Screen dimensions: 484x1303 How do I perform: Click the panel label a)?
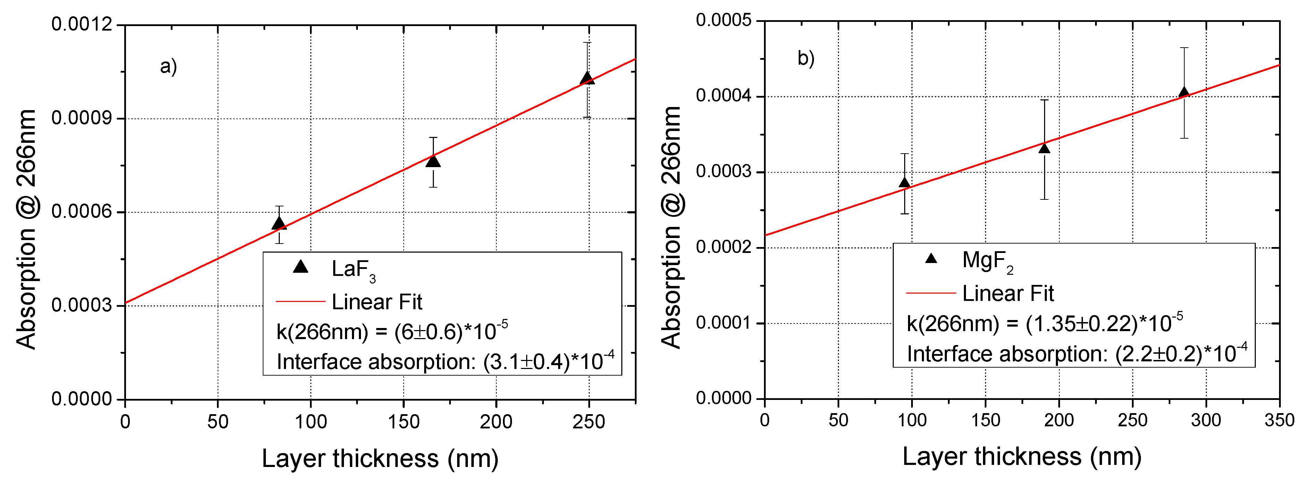point(168,66)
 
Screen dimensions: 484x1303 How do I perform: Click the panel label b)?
point(806,58)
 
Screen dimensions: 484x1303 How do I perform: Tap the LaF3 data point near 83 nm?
point(279,224)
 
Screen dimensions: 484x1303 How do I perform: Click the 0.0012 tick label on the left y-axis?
point(82,24)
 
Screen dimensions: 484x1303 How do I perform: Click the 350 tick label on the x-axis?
point(1278,420)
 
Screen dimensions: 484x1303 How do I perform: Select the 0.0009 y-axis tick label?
point(82,118)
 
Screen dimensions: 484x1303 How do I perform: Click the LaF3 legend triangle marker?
point(301,267)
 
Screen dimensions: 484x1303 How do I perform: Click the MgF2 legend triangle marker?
point(931,259)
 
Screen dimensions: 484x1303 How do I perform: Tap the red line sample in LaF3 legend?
point(301,302)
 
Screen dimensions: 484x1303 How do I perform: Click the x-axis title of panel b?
point(1022,456)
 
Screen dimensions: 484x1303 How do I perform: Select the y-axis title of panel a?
point(26,229)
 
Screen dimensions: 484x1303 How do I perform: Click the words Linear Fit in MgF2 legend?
point(1008,294)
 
